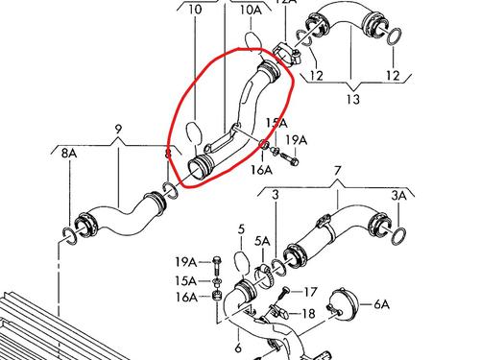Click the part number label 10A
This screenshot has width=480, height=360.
[250, 10]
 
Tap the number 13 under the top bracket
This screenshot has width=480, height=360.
[354, 99]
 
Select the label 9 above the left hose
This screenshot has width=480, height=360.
[118, 129]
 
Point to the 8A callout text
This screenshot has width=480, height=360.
[66, 153]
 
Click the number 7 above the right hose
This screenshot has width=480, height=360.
[337, 172]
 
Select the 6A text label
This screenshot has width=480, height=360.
[381, 304]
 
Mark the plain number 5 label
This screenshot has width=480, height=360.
[242, 228]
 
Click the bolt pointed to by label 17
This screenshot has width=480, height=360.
[281, 290]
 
